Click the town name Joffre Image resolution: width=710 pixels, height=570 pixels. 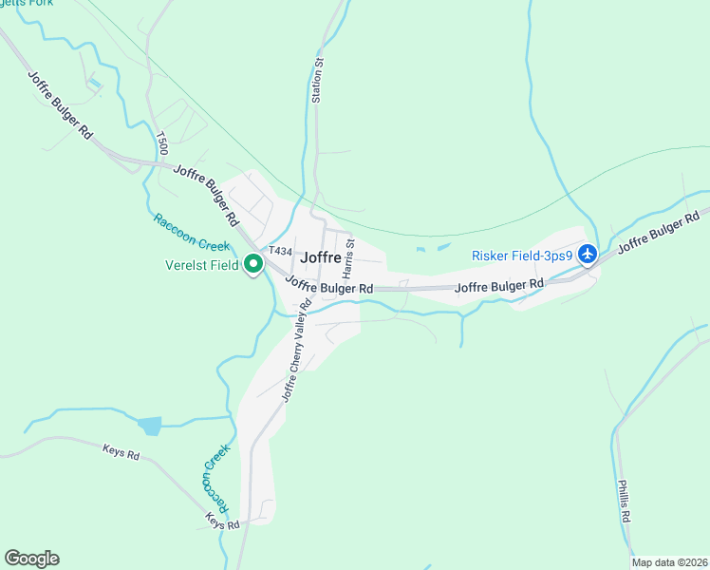[321, 256]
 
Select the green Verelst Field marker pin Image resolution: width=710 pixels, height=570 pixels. [253, 264]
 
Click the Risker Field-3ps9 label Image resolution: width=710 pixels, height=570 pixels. [523, 256]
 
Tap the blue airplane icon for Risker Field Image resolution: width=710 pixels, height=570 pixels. [588, 255]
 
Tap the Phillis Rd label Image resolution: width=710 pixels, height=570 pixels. [624, 503]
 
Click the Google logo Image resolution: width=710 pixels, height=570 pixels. [31, 559]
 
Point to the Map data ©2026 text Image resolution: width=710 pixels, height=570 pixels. [669, 562]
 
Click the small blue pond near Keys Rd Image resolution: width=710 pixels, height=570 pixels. [149, 426]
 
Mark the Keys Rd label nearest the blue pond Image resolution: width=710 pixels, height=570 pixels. [121, 454]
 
